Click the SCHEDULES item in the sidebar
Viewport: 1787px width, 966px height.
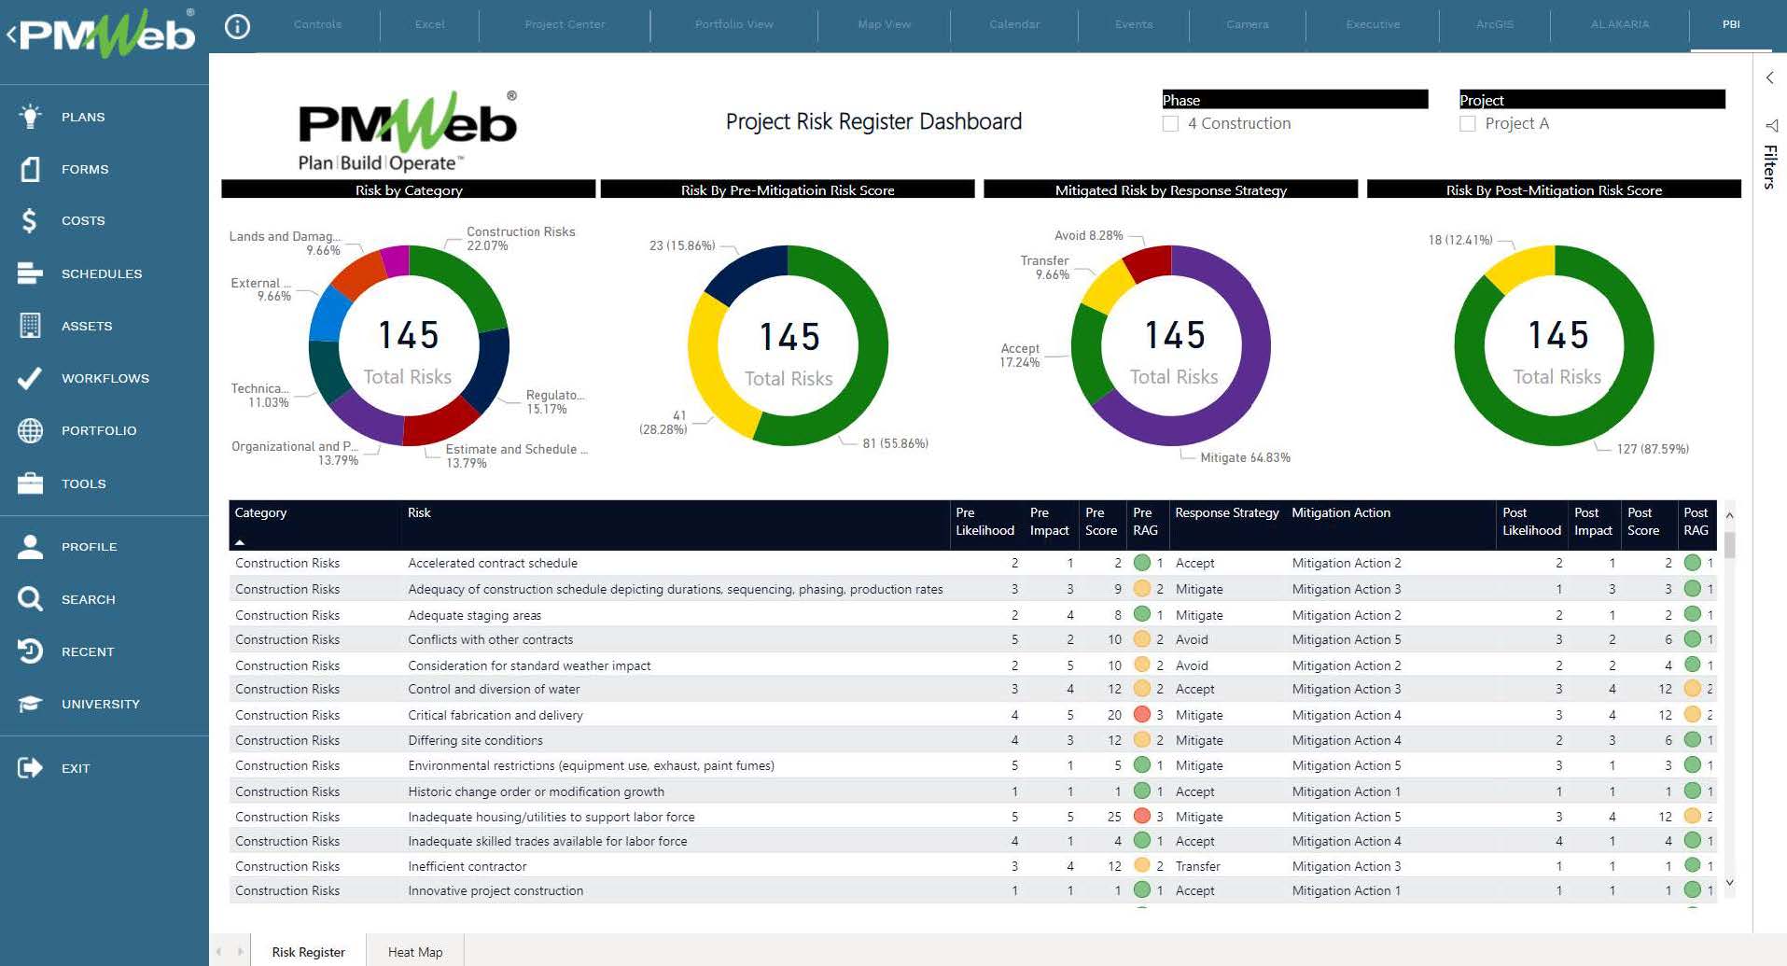pos(101,273)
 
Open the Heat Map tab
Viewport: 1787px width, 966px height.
pos(415,952)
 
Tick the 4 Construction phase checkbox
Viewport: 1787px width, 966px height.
pos(1170,123)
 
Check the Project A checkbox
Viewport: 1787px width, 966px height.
pos(1468,123)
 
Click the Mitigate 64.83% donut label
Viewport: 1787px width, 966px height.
pos(1245,457)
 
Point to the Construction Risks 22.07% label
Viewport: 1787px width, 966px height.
pos(520,238)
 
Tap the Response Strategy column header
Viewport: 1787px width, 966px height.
pos(1226,513)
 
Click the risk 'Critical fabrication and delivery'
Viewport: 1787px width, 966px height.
pos(495,715)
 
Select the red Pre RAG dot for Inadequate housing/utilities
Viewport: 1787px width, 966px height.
pos(1141,816)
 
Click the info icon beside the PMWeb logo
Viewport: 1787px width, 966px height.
pos(238,27)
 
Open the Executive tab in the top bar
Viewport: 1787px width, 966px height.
pos(1372,24)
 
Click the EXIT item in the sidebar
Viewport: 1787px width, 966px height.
pos(75,768)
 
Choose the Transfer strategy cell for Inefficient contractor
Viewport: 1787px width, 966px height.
pos(1197,866)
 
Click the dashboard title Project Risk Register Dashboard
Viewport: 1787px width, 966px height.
pos(873,121)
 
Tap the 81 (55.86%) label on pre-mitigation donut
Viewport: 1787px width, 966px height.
pos(895,443)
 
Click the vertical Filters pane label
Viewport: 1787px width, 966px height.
pos(1770,166)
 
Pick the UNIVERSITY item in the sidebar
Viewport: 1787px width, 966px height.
pos(100,704)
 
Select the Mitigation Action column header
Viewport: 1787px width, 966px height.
pos(1340,513)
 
